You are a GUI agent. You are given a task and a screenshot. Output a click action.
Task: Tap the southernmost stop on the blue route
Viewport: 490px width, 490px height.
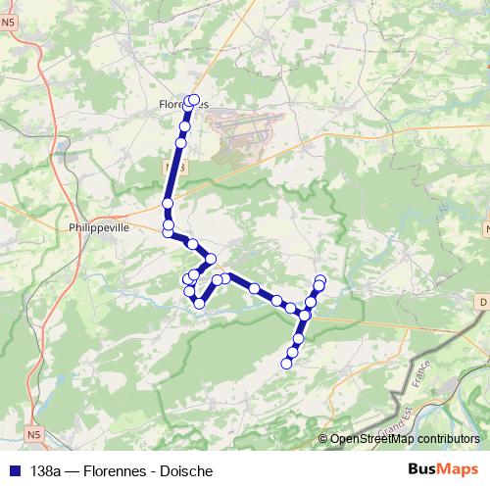tap(287, 365)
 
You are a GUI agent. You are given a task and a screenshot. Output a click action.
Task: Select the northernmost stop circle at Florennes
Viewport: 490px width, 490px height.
tap(194, 99)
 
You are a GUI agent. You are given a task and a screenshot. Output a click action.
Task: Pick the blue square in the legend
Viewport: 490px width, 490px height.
tap(15, 470)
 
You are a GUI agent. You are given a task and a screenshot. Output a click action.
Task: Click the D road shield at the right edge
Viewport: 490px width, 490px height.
tap(484, 303)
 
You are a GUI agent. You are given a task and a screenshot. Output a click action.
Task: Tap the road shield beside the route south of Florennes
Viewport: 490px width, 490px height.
tap(174, 170)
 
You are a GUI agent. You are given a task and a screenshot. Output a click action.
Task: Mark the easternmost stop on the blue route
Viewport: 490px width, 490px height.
tap(320, 281)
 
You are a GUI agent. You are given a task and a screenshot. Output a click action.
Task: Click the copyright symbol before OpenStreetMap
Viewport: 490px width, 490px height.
tap(323, 440)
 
